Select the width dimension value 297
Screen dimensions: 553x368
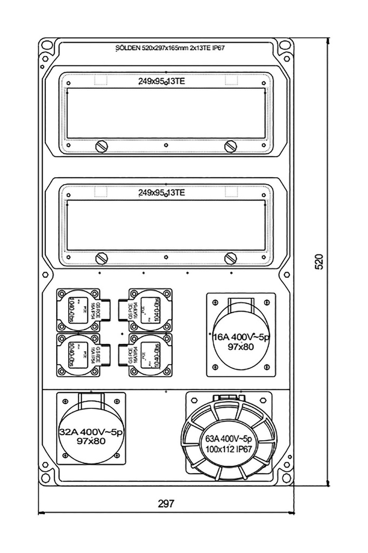click(166, 503)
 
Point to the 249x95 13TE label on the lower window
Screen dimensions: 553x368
click(162, 193)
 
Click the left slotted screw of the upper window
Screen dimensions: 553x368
click(101, 146)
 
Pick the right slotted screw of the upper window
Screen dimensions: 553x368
click(231, 146)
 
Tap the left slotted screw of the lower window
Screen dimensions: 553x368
click(101, 258)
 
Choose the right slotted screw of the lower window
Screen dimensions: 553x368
click(231, 258)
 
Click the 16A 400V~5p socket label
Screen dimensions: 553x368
click(241, 336)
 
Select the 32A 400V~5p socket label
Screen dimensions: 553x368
click(91, 432)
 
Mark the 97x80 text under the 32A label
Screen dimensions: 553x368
click(91, 441)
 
